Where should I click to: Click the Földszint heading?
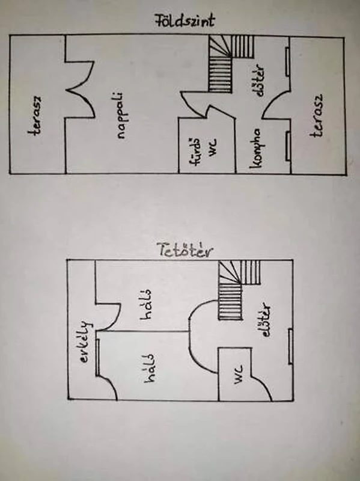[184, 21]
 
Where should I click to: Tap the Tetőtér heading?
[185, 250]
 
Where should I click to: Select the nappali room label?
[122, 116]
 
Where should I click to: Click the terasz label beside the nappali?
[35, 116]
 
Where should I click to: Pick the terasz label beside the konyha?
[317, 115]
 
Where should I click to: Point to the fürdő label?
[195, 152]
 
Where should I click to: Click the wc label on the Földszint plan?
[213, 148]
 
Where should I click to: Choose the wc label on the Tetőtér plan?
[238, 375]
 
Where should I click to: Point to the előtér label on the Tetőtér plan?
[265, 320]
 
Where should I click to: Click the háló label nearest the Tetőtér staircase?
[146, 304]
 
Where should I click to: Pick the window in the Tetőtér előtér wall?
[290, 346]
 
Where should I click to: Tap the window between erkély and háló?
[97, 357]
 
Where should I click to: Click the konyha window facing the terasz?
[288, 146]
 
